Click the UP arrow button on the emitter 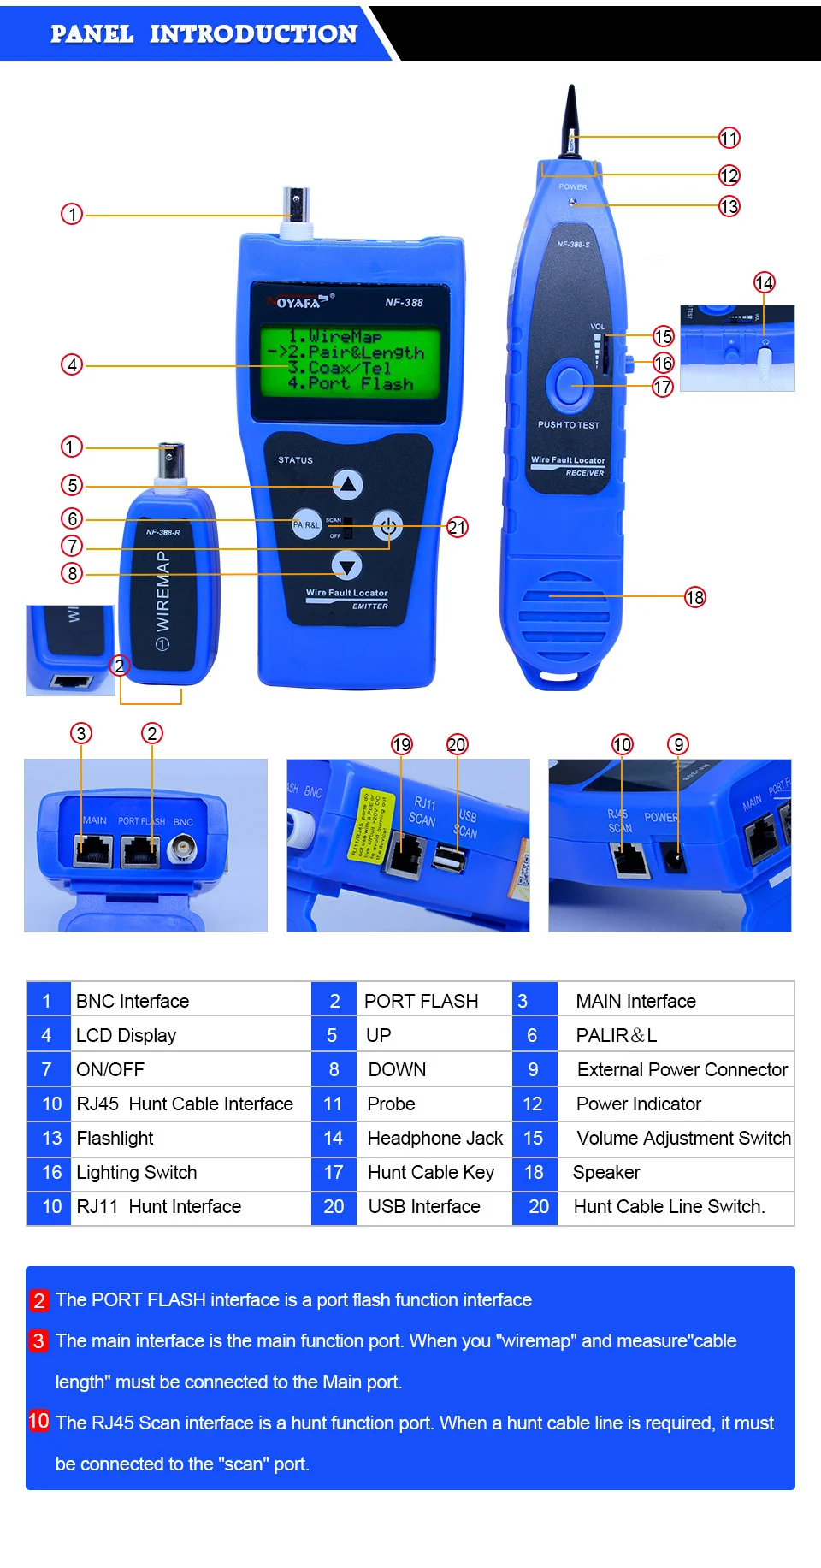pyautogui.click(x=347, y=485)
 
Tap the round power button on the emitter pyautogui.click(x=387, y=525)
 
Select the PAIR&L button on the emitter pyautogui.click(x=306, y=524)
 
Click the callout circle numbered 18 pyautogui.click(x=694, y=597)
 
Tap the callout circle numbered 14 pyautogui.click(x=764, y=282)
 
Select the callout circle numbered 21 pyautogui.click(x=457, y=527)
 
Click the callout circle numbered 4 pyautogui.click(x=72, y=365)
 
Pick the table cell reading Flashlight pyautogui.click(x=115, y=1138)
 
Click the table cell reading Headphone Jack pyautogui.click(x=434, y=1138)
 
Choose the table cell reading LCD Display pyautogui.click(x=126, y=1035)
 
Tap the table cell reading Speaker pyautogui.click(x=606, y=1172)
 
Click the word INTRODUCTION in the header pyautogui.click(x=253, y=33)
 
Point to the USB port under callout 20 pyautogui.click(x=449, y=858)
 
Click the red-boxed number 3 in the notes pyautogui.click(x=38, y=1340)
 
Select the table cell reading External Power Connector pyautogui.click(x=682, y=1069)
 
